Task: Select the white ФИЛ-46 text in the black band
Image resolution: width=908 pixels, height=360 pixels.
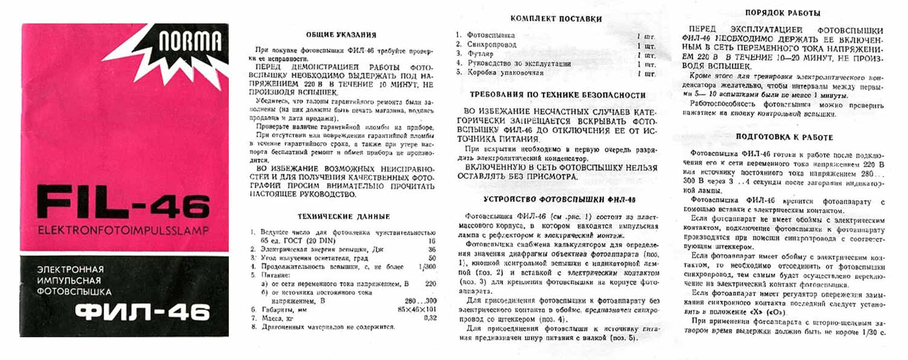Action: tap(142, 312)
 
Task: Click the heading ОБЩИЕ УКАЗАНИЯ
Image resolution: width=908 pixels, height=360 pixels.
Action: tap(341, 35)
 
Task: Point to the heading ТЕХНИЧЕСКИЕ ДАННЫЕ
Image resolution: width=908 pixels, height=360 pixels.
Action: tap(344, 217)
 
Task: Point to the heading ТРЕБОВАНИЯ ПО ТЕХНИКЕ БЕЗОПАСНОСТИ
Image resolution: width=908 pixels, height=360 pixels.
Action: tap(558, 95)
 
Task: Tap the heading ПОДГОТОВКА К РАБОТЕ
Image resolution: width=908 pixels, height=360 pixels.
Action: tap(784, 137)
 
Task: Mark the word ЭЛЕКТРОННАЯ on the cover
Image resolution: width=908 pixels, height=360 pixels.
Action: tap(70, 269)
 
